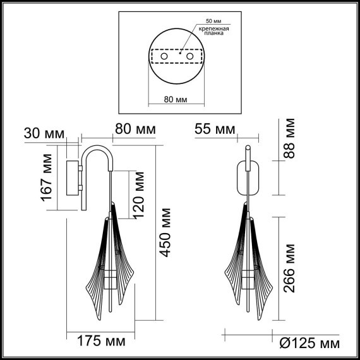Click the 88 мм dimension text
tap(290, 140)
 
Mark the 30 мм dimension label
tap(43, 133)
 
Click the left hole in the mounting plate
tap(165, 57)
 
